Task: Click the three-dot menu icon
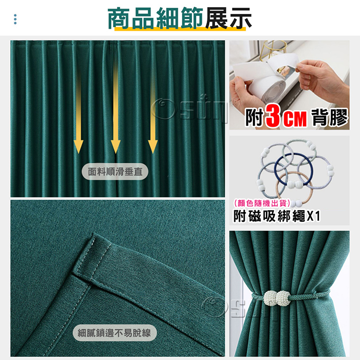[15, 19]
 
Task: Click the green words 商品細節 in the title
[155, 18]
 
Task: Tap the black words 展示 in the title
[228, 18]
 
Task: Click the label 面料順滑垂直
[115, 171]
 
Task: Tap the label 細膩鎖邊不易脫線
[115, 333]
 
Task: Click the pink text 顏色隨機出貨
[262, 203]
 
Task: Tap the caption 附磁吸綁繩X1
[276, 216]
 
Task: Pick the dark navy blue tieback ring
[276, 166]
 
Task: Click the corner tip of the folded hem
[94, 234]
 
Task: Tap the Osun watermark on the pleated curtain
[190, 108]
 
